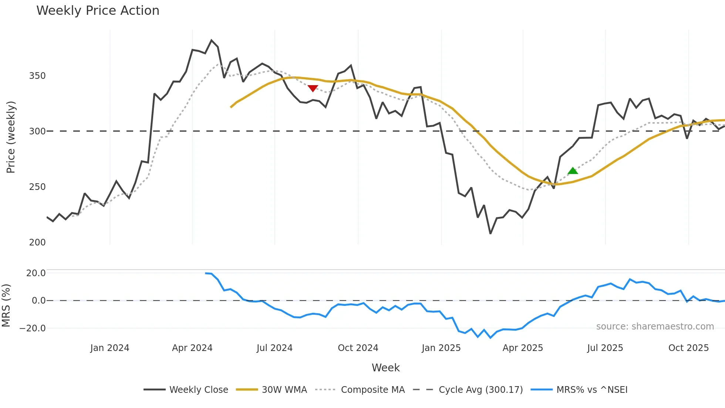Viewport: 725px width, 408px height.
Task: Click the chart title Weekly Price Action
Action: pos(98,11)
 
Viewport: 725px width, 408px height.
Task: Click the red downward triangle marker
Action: pos(313,88)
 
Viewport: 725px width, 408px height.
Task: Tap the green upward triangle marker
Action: pos(573,171)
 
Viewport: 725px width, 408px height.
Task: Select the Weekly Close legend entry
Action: pos(186,389)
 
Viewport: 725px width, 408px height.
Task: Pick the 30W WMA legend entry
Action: pos(272,389)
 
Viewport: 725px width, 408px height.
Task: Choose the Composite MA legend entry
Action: pos(360,389)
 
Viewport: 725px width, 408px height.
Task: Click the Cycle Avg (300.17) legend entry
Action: pos(468,389)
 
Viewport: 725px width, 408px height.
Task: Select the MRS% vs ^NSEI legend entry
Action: pos(579,389)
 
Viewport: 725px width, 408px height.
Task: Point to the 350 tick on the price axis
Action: pos(37,76)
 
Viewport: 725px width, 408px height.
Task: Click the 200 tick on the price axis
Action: pos(37,243)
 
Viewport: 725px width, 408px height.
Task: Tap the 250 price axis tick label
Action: pos(37,187)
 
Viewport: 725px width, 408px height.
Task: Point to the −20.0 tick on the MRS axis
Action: pos(33,328)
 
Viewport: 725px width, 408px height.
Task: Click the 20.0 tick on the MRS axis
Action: pos(36,273)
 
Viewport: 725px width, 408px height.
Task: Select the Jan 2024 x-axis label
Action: pos(110,348)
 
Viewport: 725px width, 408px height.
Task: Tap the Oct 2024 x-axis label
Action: pos(358,348)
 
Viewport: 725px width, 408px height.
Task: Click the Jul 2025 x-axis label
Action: pos(605,348)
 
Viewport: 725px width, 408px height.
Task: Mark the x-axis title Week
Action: pos(385,368)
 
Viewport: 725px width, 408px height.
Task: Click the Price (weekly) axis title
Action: pos(11,137)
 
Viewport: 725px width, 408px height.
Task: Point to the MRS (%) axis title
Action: pos(6,305)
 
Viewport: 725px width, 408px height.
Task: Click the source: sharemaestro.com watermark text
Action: pos(655,327)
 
